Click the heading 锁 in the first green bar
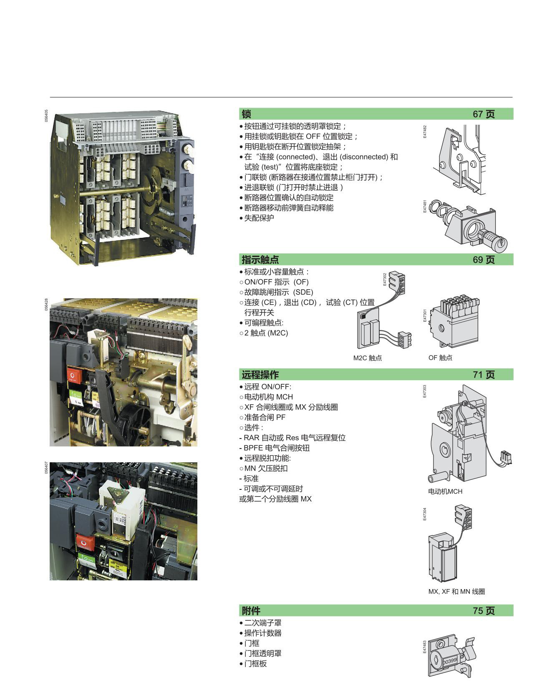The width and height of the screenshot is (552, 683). pyautogui.click(x=246, y=114)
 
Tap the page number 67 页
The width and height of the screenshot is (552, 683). pyautogui.click(x=484, y=114)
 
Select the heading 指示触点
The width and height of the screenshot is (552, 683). pyautogui.click(x=260, y=260)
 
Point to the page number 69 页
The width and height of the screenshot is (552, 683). pyautogui.click(x=484, y=260)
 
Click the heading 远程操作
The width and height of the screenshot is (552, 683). pyautogui.click(x=260, y=374)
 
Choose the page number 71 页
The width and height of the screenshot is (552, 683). pyautogui.click(x=484, y=374)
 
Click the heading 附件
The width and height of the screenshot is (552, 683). pyautogui.click(x=251, y=610)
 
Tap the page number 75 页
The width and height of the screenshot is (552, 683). pyautogui.click(x=484, y=610)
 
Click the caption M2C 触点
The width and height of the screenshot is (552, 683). pyautogui.click(x=367, y=358)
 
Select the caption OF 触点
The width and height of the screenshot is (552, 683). pyautogui.click(x=440, y=358)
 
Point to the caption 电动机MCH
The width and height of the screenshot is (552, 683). pyautogui.click(x=445, y=491)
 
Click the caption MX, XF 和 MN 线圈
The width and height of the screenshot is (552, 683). pyautogui.click(x=456, y=591)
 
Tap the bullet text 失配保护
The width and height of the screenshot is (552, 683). pyautogui.click(x=259, y=218)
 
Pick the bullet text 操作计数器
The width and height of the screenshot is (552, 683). pyautogui.click(x=263, y=633)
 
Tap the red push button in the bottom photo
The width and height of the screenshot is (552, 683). pyautogui.click(x=85, y=542)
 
